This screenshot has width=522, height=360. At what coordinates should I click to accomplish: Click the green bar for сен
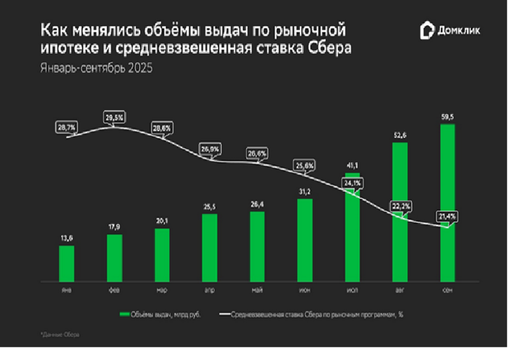tap(447, 203)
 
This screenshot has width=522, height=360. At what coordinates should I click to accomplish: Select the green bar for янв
tap(66, 263)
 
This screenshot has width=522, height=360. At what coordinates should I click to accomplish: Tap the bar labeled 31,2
tap(304, 240)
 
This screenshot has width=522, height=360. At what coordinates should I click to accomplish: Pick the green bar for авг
tap(399, 212)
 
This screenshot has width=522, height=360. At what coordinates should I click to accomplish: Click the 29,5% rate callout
tap(114, 117)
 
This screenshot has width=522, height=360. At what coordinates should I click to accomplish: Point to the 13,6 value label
tap(66, 238)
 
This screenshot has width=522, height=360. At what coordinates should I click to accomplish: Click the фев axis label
tap(114, 290)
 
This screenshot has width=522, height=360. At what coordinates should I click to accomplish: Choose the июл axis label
tap(352, 290)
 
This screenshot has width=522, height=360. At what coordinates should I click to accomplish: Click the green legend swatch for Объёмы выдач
tap(124, 315)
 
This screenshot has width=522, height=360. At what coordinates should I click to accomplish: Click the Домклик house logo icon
tap(427, 30)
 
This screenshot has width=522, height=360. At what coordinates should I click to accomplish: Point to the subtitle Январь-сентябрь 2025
tap(96, 68)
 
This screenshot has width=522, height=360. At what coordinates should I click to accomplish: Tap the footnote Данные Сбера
tap(60, 335)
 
